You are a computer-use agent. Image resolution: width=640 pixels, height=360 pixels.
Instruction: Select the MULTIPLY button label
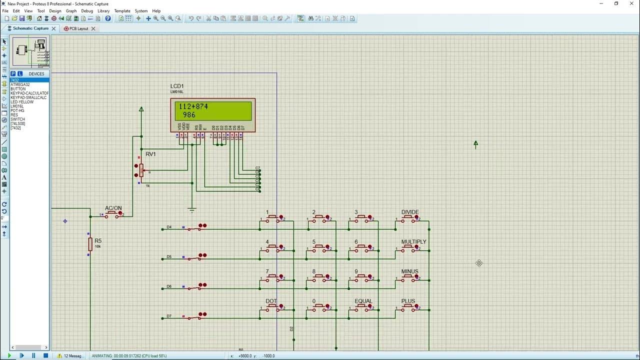coord(413,242)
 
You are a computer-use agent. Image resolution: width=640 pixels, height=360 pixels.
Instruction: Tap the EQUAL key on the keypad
coord(363,307)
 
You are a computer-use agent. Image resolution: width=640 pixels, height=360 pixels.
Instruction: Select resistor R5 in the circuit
coord(90,244)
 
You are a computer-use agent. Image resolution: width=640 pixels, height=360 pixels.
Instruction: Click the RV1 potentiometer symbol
coord(141,170)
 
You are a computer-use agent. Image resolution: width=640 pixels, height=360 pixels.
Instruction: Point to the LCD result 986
coord(189,115)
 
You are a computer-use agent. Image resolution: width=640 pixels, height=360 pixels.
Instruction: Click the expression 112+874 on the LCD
coord(193,106)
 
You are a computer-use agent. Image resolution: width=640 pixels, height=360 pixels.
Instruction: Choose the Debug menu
coord(87,10)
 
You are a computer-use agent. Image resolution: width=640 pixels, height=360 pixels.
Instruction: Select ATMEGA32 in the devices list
coord(20,84)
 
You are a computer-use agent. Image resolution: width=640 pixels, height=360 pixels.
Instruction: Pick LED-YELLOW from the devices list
coord(22,102)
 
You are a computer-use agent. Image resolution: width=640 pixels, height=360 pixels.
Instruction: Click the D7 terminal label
coord(169,316)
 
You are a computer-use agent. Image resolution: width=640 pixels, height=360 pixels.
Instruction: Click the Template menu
coord(122,10)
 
